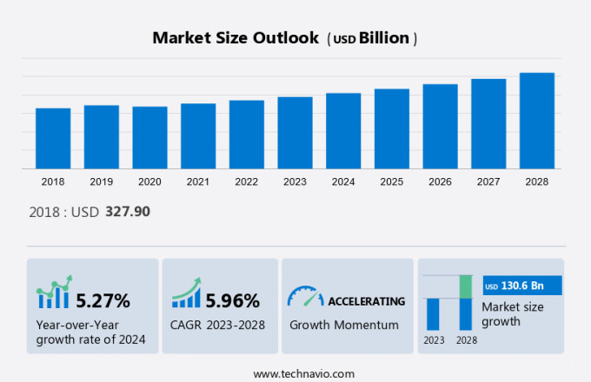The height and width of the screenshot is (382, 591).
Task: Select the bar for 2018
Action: pyautogui.click(x=53, y=138)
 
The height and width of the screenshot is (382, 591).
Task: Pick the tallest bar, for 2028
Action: pyautogui.click(x=537, y=121)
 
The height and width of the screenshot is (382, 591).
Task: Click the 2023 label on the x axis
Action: pyautogui.click(x=295, y=182)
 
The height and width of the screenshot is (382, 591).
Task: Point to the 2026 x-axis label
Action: pyautogui.click(x=440, y=182)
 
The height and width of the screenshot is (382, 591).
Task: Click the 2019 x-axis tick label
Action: pyautogui.click(x=101, y=182)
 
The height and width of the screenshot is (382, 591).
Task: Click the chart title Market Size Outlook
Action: pyautogui.click(x=235, y=38)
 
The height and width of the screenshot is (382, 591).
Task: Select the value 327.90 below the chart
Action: pyautogui.click(x=128, y=211)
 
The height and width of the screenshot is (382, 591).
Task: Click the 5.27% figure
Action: pyautogui.click(x=103, y=301)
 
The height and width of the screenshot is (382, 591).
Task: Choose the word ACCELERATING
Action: pyautogui.click(x=366, y=301)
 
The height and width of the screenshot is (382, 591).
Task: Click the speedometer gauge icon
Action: pyautogui.click(x=305, y=297)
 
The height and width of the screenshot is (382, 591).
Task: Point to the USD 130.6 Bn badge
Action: pyautogui.click(x=522, y=286)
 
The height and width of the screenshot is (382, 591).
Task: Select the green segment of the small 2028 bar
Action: pyautogui.click(x=466, y=286)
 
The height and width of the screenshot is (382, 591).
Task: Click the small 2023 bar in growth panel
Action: pyautogui.click(x=433, y=313)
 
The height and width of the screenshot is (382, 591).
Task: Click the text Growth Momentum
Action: pyautogui.click(x=343, y=325)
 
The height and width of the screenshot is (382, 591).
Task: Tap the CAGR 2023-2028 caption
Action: pyautogui.click(x=217, y=325)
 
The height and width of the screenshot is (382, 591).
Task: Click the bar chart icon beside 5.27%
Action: pyautogui.click(x=53, y=295)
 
